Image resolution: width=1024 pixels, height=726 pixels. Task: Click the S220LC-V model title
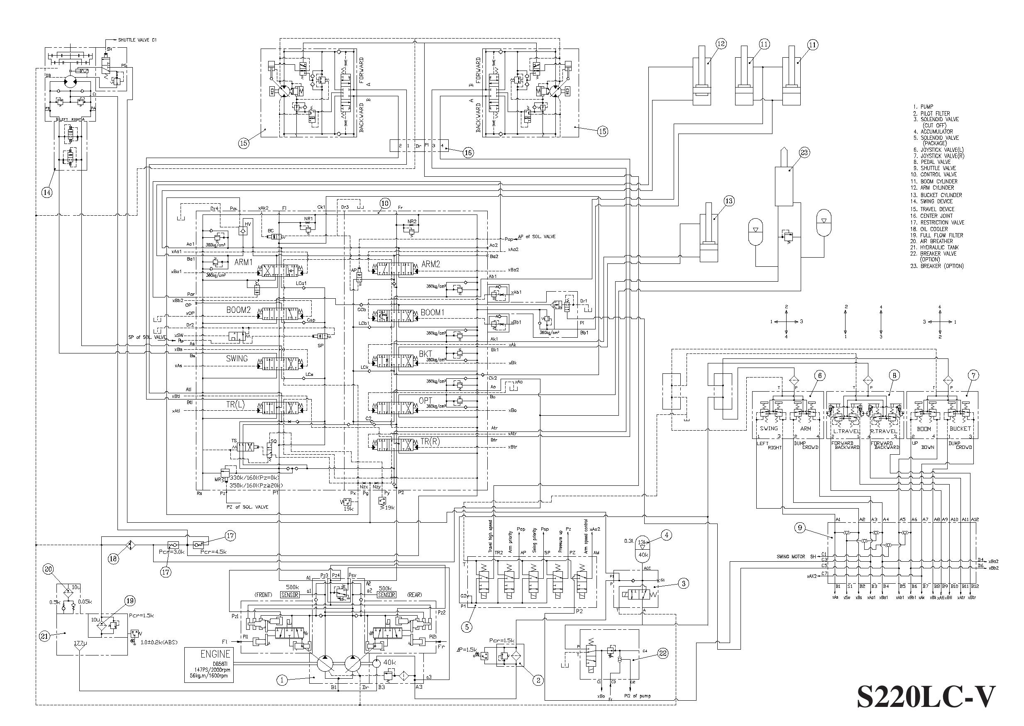pyautogui.click(x=926, y=697)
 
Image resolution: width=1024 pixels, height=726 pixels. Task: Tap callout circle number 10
pyautogui.click(x=385, y=203)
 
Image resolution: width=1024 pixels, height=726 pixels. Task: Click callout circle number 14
pyautogui.click(x=47, y=192)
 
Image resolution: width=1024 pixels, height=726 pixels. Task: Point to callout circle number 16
pyautogui.click(x=468, y=152)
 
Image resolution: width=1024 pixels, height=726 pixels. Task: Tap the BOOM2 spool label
pyautogui.click(x=238, y=309)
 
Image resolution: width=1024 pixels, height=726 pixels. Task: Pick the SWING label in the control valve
pyautogui.click(x=237, y=358)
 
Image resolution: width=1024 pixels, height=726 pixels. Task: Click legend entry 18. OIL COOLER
pyautogui.click(x=934, y=229)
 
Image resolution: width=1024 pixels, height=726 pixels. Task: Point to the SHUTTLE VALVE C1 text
pyautogui.click(x=137, y=40)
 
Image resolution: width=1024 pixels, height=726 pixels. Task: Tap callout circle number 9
pyautogui.click(x=800, y=528)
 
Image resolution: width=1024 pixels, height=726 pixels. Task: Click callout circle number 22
pyautogui.click(x=663, y=653)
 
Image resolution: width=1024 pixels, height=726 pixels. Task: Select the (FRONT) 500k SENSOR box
pyautogui.click(x=289, y=594)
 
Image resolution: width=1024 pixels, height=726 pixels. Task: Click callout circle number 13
pyautogui.click(x=729, y=201)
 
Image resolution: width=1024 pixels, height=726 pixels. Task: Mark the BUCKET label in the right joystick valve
pyautogui.click(x=960, y=428)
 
